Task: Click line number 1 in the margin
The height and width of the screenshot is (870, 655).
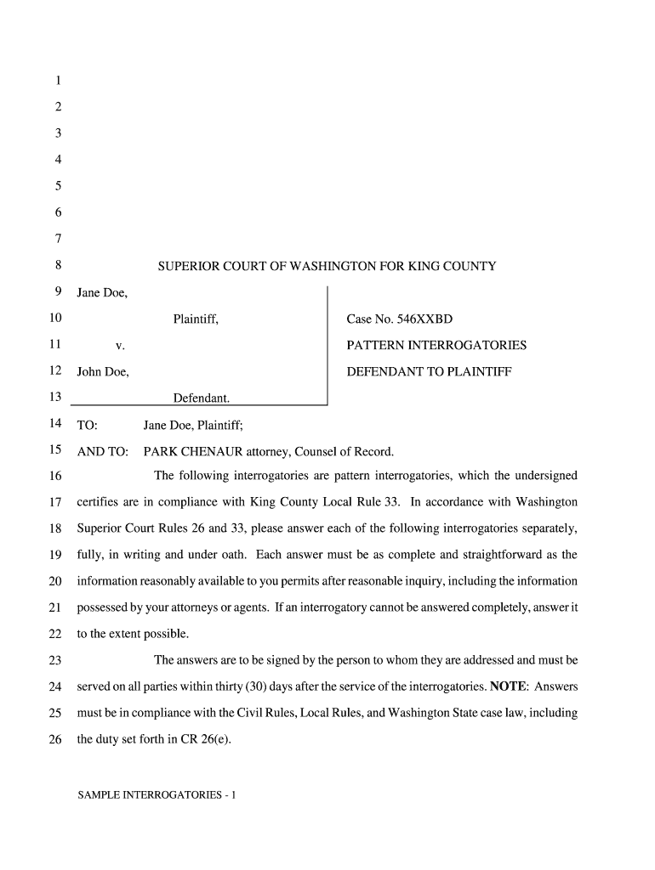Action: click(58, 82)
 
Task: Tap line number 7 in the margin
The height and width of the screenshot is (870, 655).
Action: click(58, 240)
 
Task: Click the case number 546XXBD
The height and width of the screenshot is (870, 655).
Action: click(422, 319)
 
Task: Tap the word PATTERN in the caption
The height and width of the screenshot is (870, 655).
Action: click(375, 346)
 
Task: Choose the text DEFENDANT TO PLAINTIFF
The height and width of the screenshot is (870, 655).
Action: click(429, 372)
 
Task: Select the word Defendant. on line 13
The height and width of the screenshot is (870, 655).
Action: click(202, 398)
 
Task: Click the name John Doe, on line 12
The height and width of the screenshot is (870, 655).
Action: click(103, 372)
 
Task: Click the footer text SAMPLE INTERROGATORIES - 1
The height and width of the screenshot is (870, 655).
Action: click(157, 796)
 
